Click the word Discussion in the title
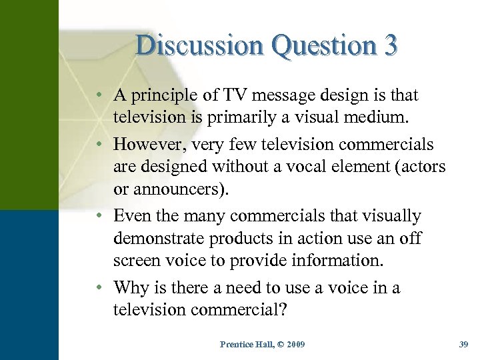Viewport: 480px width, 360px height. pos(189,45)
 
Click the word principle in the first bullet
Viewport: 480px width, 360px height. pos(165,95)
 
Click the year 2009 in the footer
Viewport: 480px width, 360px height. pos(293,345)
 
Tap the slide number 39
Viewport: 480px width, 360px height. pos(464,345)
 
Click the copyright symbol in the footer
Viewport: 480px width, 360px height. pos(274,345)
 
